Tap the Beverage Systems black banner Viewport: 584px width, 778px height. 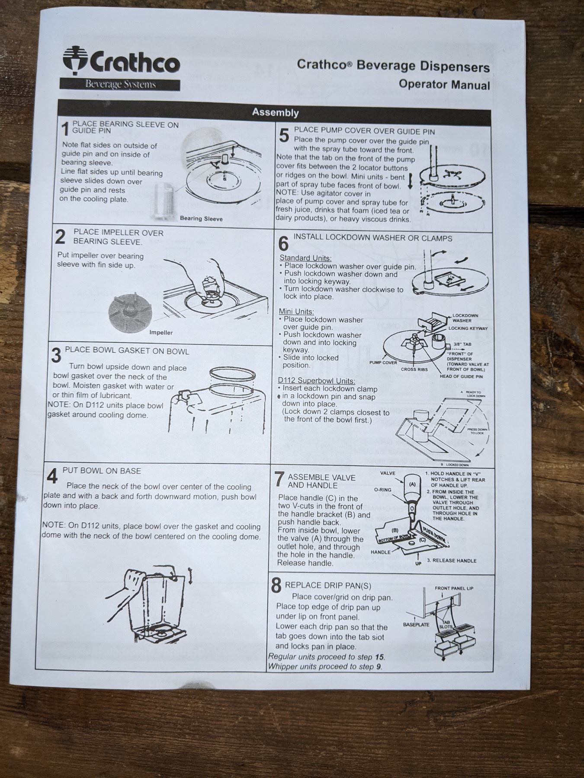[120, 84]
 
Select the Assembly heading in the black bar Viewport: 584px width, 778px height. [276, 112]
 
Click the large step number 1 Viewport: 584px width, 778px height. [65, 129]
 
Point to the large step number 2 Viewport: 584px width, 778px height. [60, 237]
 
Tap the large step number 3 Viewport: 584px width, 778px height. [56, 356]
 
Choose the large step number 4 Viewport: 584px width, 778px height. [52, 477]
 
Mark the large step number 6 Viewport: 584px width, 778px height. [283, 244]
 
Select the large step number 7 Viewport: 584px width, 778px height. [279, 478]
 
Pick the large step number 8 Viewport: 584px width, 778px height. [276, 586]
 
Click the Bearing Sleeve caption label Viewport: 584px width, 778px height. [201, 219]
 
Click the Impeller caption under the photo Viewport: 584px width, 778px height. [161, 332]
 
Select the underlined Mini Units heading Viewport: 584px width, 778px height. [296, 312]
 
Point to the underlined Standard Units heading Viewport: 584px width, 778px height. [305, 258]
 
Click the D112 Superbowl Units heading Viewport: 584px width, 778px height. [316, 381]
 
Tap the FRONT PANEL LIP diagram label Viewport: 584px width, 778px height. [454, 588]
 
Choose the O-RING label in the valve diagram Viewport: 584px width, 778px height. [382, 490]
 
